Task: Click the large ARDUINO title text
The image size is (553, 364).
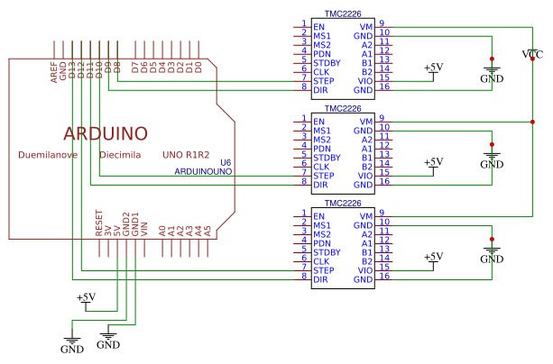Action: pos(106,133)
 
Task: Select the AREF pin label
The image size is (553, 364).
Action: pos(53,73)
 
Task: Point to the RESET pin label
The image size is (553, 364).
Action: pos(98,223)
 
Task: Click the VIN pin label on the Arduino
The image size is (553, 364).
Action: pos(144,230)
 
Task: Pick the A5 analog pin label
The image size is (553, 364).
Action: pos(207,232)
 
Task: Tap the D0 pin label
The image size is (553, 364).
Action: pos(198,68)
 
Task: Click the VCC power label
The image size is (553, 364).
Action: pos(532,54)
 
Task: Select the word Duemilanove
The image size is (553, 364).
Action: pos(48,155)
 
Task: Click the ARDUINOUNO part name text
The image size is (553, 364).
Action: pos(203,171)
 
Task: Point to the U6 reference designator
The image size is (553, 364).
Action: pos(226,162)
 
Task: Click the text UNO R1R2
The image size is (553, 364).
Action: pos(186,155)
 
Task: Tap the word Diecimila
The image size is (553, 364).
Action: pos(120,155)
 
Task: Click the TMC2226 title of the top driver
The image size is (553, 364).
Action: pos(343,14)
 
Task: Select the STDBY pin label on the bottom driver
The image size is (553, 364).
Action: pos(327,252)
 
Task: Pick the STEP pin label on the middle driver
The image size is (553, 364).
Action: pos(324,176)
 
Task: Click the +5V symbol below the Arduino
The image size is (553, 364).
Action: pos(87,299)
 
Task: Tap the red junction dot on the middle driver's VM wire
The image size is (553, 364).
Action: pos(532,122)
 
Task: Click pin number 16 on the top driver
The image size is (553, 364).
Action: pos(384,86)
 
